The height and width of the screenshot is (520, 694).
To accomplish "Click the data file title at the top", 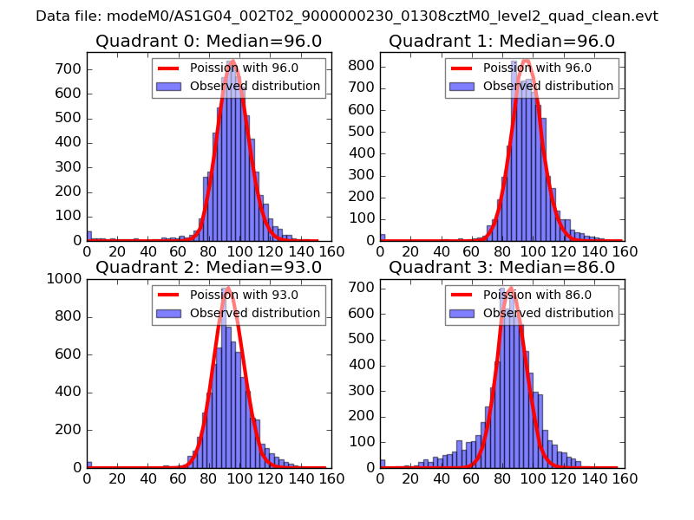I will point(347,16).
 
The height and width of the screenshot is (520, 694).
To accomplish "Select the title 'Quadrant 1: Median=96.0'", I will point(501,41).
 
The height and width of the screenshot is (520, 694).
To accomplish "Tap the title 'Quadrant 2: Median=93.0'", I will point(208,267).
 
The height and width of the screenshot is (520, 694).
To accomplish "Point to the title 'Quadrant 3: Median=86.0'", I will point(501,267).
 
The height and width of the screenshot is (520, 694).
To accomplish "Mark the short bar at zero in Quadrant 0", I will point(88,236).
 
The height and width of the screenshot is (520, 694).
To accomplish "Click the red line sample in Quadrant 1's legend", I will point(462,68).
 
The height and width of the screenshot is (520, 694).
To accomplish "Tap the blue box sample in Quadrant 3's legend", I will point(462,313).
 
